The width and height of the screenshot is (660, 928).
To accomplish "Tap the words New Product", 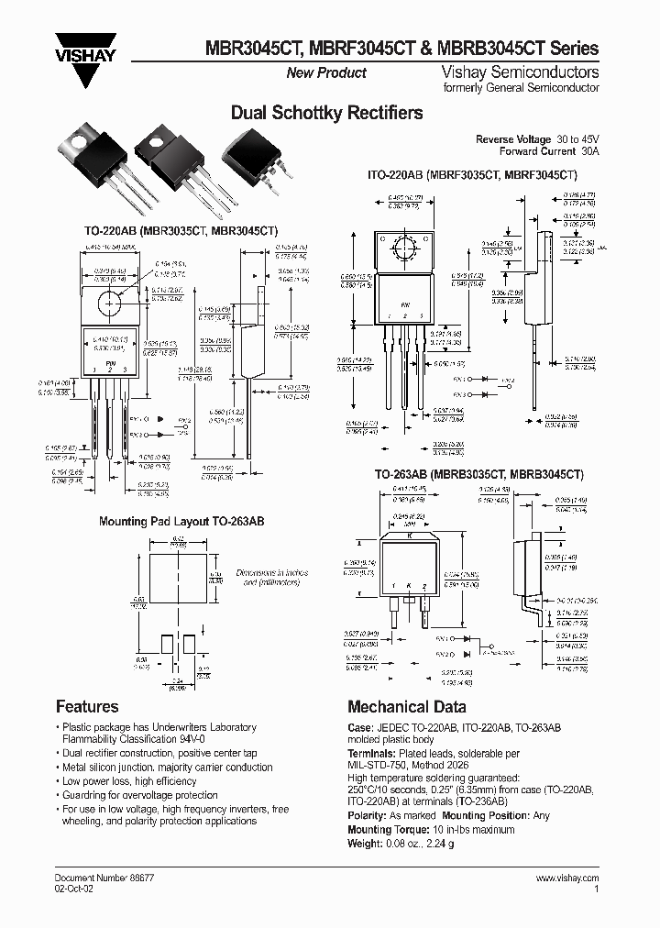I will pyautogui.click(x=326, y=72).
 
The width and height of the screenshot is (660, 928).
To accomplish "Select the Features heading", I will pyautogui.click(x=87, y=706).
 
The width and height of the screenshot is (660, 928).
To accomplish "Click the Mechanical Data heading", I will pyautogui.click(x=406, y=706).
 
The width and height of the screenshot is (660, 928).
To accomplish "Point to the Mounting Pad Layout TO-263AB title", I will pyautogui.click(x=181, y=521).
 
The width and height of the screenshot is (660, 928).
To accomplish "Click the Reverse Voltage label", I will pyautogui.click(x=513, y=138).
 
